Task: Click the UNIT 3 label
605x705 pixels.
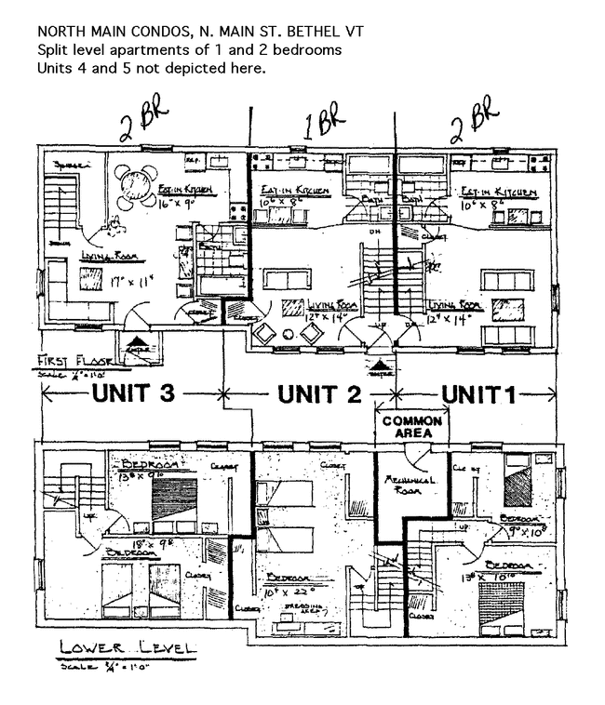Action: [x=132, y=392]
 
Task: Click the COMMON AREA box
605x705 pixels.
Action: [x=411, y=428]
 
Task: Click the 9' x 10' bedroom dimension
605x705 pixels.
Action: [x=527, y=534]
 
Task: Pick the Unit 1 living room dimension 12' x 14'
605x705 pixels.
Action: [x=452, y=317]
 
